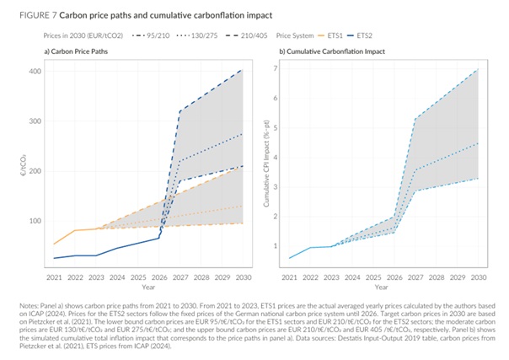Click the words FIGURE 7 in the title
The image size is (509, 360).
pyautogui.click(x=29, y=15)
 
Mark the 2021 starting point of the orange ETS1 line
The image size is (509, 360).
pyautogui.click(x=54, y=244)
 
